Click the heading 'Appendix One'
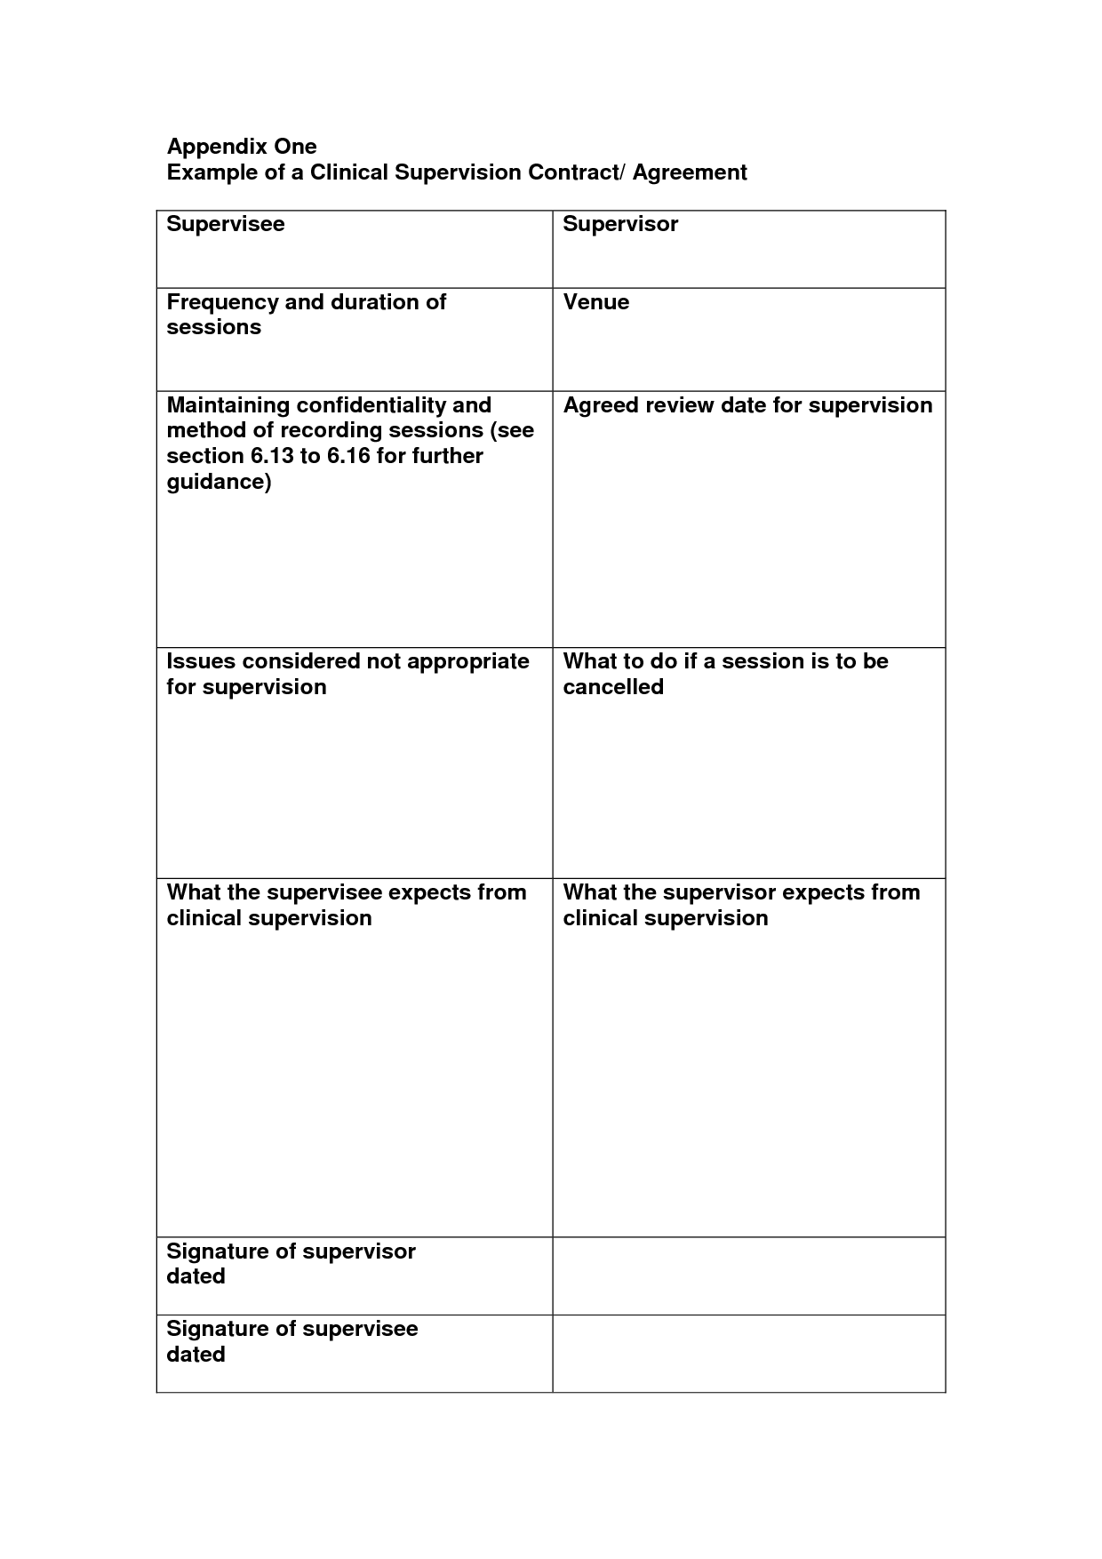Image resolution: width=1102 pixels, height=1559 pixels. (x=242, y=147)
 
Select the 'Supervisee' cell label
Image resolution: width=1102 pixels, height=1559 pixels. (x=226, y=224)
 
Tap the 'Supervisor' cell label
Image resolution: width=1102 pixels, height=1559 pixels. (x=620, y=224)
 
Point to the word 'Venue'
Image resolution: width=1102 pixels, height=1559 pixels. (x=596, y=302)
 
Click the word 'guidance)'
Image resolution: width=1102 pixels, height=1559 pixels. (x=219, y=482)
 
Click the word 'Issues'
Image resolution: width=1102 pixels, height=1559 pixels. (x=201, y=661)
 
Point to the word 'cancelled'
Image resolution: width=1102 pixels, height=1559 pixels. (x=613, y=687)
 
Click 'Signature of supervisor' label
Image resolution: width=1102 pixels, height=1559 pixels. (x=291, y=1251)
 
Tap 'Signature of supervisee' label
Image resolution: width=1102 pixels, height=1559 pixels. (x=292, y=1329)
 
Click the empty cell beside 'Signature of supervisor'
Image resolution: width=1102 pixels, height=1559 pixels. (x=748, y=1275)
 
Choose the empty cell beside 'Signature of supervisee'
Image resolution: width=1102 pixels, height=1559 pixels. (x=748, y=1353)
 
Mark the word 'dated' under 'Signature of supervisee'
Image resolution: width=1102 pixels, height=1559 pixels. (x=196, y=1355)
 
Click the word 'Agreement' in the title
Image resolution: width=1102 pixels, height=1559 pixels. (x=690, y=172)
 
